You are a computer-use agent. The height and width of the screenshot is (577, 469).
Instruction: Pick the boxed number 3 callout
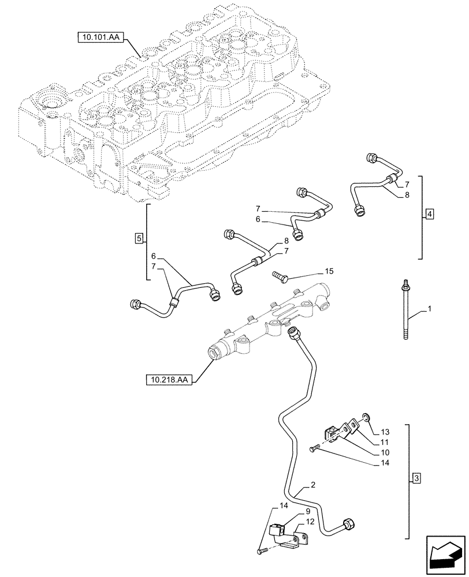[416, 478]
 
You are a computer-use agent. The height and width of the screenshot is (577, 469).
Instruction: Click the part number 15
[329, 271]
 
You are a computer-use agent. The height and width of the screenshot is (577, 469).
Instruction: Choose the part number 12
[310, 522]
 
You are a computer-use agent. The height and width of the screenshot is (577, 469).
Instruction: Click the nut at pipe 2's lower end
[348, 525]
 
